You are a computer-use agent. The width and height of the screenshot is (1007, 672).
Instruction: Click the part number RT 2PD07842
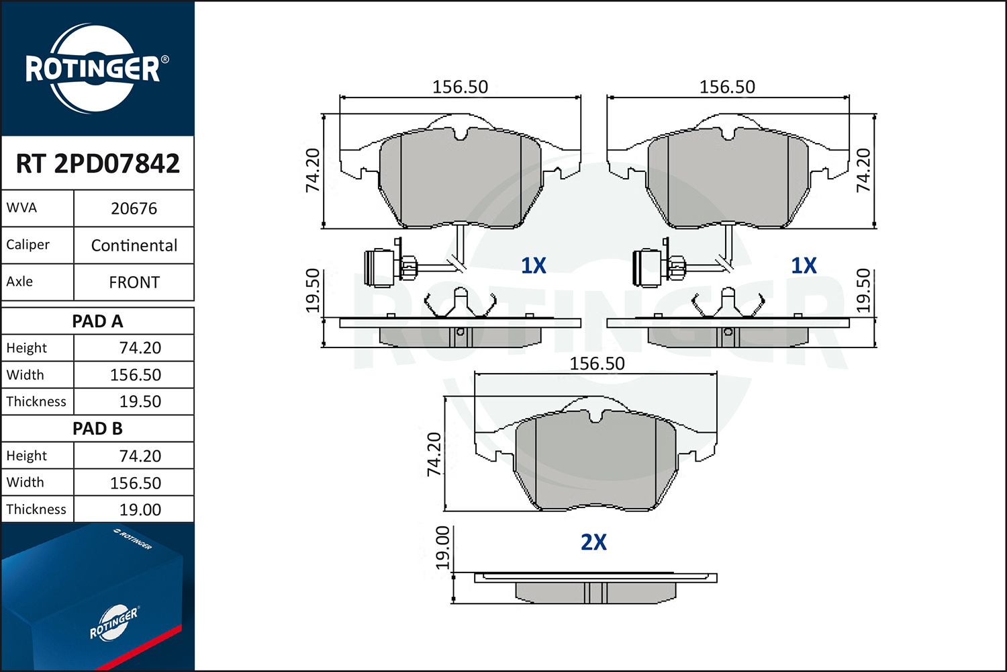pos(97,163)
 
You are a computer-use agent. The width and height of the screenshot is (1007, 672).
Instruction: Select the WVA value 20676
pos(134,209)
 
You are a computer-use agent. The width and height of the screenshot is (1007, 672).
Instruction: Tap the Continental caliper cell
pos(134,246)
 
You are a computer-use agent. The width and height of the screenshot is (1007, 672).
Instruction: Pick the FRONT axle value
pos(134,283)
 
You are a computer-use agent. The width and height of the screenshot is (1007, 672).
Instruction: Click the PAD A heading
pos(97,321)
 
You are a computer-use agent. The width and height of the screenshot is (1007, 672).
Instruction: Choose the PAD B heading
pos(97,429)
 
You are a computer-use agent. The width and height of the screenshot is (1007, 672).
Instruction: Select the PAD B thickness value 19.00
pos(140,510)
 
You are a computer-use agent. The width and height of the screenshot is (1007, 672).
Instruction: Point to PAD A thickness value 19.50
pos(140,401)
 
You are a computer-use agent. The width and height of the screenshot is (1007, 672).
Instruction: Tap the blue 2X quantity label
pos(593,542)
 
